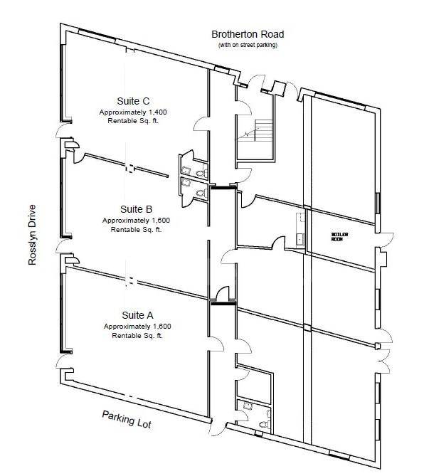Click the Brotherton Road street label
click(x=248, y=34)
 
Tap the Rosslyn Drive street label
click(x=32, y=235)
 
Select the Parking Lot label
click(x=127, y=419)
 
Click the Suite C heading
click(x=133, y=101)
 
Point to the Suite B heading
click(x=136, y=209)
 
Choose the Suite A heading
click(x=137, y=315)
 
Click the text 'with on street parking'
click(x=248, y=45)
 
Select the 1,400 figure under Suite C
click(x=157, y=112)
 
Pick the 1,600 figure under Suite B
click(x=161, y=220)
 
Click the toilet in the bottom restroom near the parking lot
click(x=265, y=424)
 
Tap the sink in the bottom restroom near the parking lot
click(x=248, y=406)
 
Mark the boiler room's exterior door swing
click(x=387, y=240)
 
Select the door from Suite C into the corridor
click(x=201, y=124)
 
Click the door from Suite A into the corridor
click(x=216, y=344)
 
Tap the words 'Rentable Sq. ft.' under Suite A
click(x=137, y=335)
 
